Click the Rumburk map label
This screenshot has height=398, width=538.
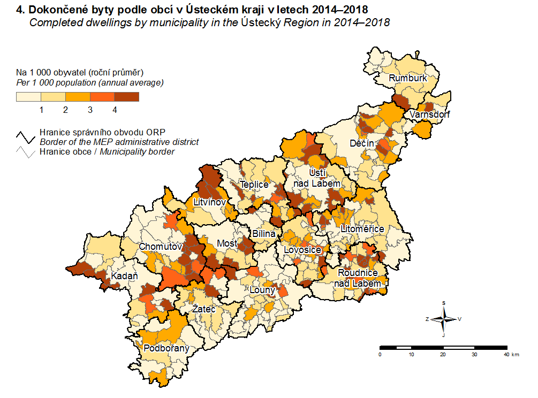point(408,78)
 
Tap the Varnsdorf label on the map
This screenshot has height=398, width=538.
point(430,114)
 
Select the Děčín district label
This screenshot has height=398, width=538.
point(362,143)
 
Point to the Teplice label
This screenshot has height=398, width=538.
point(254,185)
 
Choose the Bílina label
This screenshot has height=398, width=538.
point(264,234)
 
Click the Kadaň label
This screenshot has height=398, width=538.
point(125,277)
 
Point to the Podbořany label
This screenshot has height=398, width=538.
point(166,348)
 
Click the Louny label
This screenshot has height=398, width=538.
point(262,290)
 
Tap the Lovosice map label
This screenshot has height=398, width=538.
point(302,250)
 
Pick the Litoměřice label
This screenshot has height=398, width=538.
point(362,229)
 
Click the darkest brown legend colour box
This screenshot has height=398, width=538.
point(127,97)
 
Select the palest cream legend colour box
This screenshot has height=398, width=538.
point(28,97)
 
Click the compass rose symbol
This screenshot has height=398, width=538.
point(443,319)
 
